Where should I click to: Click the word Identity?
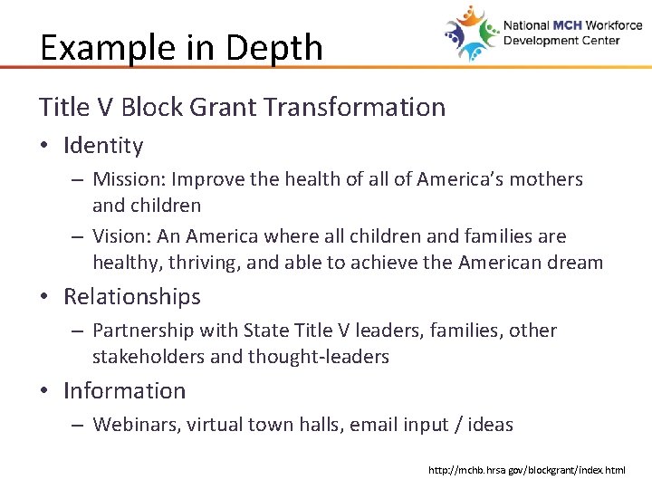pyautogui.click(x=103, y=146)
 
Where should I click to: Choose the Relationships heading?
pyautogui.click(x=132, y=297)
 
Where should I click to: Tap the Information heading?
pyautogui.click(x=124, y=391)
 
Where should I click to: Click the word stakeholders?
pyautogui.click(x=148, y=357)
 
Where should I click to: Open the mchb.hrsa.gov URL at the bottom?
pyautogui.click(x=525, y=471)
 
